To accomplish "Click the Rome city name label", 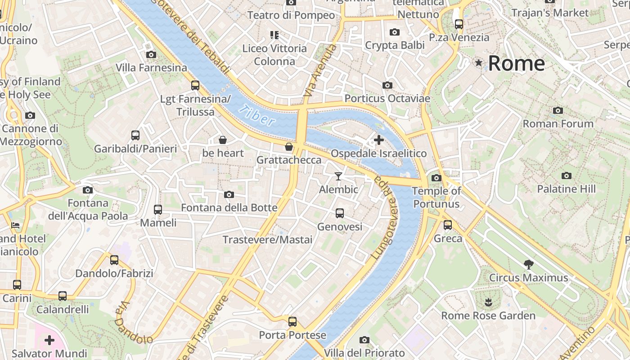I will pos(516,63).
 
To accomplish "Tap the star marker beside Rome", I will pos(479,63).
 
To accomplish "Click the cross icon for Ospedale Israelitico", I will pos(379,140).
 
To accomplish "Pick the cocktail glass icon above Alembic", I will pos(338,176).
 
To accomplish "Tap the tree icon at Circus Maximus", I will pos(529,264).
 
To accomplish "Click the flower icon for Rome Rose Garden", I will pos(488,302).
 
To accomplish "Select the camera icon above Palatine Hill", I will pos(567,175).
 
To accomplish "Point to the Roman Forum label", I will pos(558,123).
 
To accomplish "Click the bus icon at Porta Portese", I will pos(292,322).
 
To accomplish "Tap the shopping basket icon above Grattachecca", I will pos(289,147).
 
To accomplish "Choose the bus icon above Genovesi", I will pos(340,213).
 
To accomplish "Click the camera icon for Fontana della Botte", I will pos(229,194).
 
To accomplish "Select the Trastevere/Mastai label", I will pos(267,239).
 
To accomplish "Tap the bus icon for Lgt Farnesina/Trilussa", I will pos(195,85).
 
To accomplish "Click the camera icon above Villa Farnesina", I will pos(151,54).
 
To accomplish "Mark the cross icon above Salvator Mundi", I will pos(49,340).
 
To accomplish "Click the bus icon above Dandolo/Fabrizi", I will pos(114,260).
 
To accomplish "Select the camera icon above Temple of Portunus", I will pos(436,178).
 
